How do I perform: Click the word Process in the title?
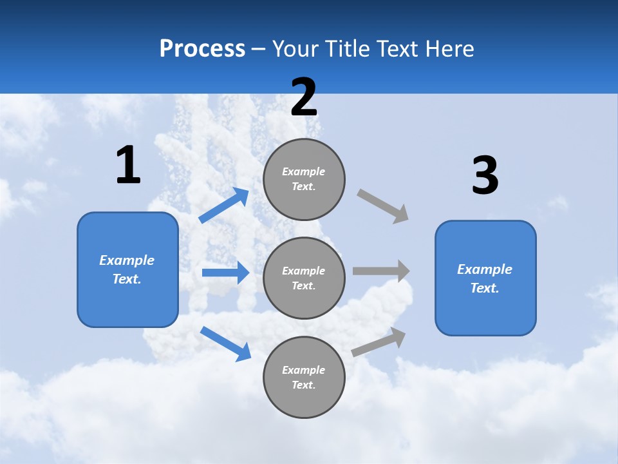[x=202, y=49]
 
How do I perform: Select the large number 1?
[x=128, y=166]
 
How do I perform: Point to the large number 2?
[x=304, y=97]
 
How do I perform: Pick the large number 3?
[x=485, y=176]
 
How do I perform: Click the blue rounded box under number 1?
[x=127, y=269]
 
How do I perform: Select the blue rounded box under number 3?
[x=485, y=278]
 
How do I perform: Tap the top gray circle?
[x=304, y=179]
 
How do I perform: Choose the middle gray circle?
[x=304, y=278]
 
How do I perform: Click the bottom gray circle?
[x=304, y=378]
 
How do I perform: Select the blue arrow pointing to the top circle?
[x=224, y=206]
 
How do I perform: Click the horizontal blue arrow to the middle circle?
[x=225, y=273]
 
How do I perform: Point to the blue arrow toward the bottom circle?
[x=225, y=343]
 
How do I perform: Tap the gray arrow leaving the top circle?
[x=383, y=206]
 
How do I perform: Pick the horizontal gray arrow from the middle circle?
[x=381, y=271]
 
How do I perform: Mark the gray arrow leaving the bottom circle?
[x=379, y=342]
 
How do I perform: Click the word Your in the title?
[x=294, y=49]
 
